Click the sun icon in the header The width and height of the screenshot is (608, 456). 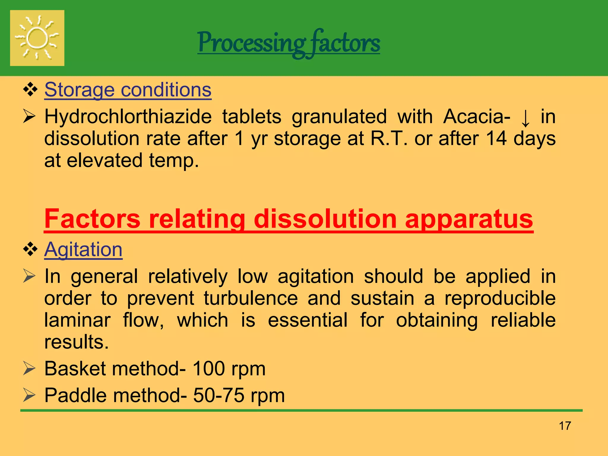click(x=37, y=38)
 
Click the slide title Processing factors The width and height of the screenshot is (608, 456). click(x=289, y=43)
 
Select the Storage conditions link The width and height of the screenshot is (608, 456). click(x=128, y=90)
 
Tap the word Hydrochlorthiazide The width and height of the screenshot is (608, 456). click(x=128, y=116)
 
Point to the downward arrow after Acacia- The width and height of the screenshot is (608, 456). click(x=525, y=118)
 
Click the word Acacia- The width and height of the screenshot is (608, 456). click(x=476, y=116)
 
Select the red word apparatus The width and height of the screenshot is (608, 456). click(x=469, y=219)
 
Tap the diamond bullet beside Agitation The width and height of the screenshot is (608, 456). click(x=30, y=249)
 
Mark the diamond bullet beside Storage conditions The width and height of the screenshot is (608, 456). click(x=30, y=89)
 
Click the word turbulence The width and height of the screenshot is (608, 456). click(x=251, y=298)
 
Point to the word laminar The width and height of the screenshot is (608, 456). click(x=77, y=320)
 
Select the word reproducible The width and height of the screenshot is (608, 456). click(x=500, y=298)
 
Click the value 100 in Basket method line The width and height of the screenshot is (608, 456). click(x=209, y=369)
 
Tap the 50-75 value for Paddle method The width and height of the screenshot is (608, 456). click(x=219, y=395)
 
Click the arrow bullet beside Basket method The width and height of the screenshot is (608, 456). click(x=29, y=369)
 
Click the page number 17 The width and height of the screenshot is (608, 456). click(x=565, y=426)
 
